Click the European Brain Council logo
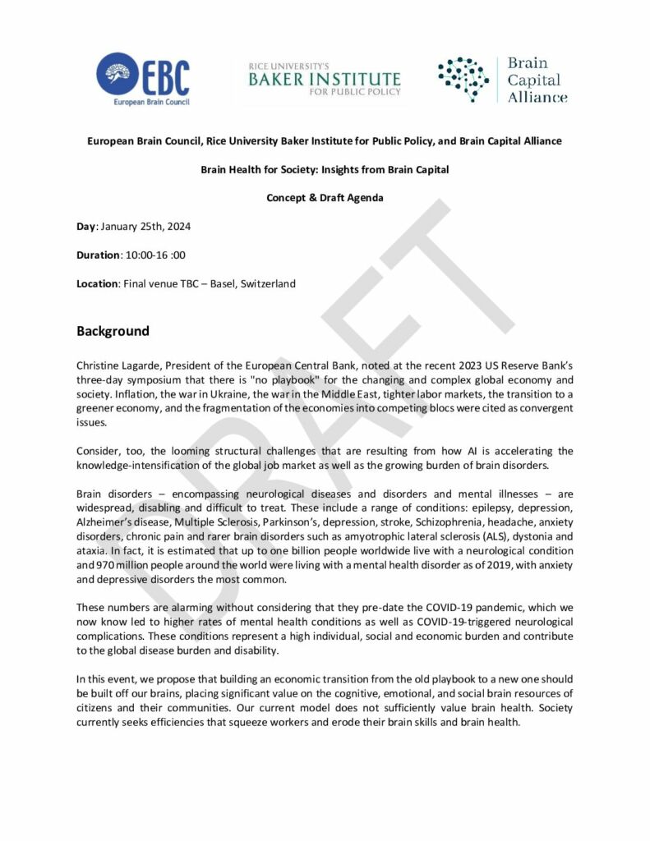pos(142,79)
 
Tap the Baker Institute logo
pos(325,79)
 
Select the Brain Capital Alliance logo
pos(503,80)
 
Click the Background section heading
pos(113,332)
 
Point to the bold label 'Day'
pos(86,226)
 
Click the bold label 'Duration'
pos(98,255)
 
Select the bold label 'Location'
pos(97,283)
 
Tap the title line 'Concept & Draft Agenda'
pos(325,198)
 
